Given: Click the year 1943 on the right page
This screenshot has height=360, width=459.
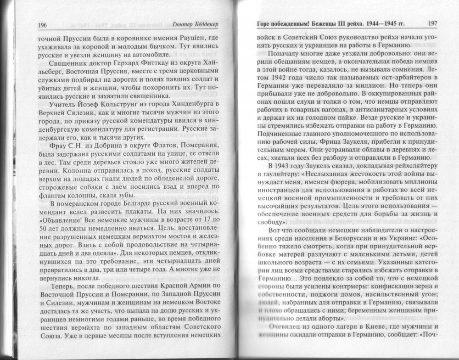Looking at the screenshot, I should (286, 165).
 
